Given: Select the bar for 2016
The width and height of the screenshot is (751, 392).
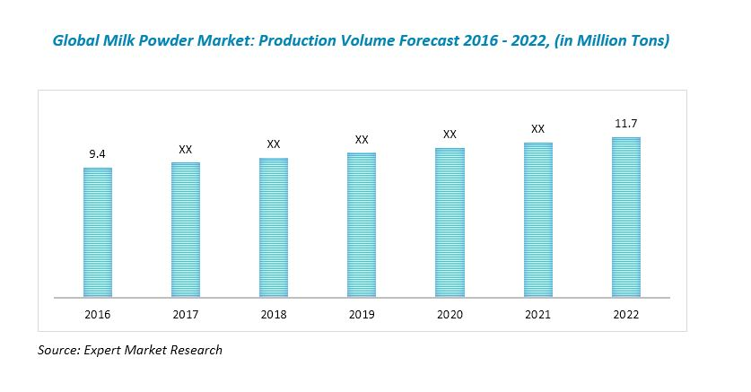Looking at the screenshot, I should click(x=98, y=231).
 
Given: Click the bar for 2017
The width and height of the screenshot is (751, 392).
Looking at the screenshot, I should click(x=186, y=230).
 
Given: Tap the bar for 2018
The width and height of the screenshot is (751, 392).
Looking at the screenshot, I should click(x=274, y=227).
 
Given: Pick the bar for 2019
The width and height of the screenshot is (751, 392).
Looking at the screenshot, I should click(x=362, y=224).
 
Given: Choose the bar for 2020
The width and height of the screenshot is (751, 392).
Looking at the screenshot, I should click(x=450, y=222).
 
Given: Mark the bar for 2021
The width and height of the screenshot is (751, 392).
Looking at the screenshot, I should click(x=537, y=219).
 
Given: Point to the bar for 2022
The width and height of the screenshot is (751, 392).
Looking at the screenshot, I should click(x=625, y=216).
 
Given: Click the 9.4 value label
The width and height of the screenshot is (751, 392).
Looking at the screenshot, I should click(x=98, y=154).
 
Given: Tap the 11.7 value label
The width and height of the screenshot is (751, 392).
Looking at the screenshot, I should click(x=625, y=123).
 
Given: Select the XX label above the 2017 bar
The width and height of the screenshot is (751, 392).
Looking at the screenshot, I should click(x=186, y=149).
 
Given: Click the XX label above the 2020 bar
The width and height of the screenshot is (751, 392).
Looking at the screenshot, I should click(x=450, y=135).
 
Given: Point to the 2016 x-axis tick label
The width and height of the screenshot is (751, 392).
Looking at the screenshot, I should click(x=98, y=315).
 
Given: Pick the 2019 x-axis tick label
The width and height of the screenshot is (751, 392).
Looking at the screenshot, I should click(x=362, y=315).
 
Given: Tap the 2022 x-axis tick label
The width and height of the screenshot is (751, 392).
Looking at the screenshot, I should click(x=625, y=315).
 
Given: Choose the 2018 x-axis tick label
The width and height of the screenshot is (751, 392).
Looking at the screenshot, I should click(x=274, y=315).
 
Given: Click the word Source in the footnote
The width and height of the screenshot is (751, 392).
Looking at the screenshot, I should click(x=57, y=350).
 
